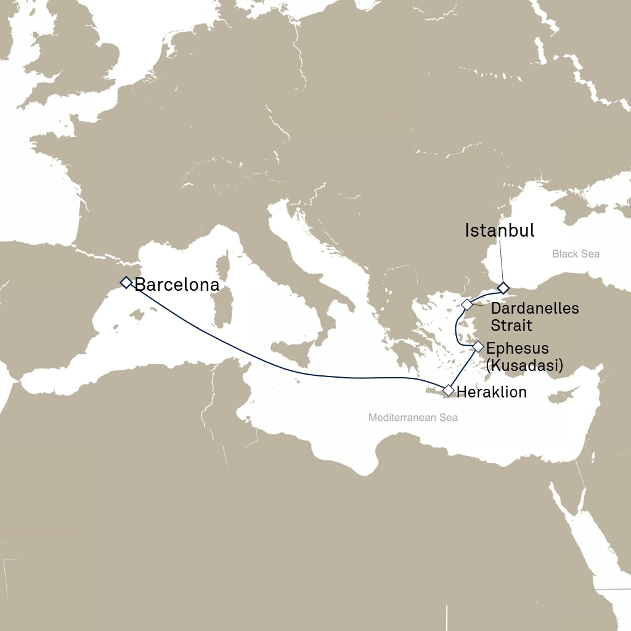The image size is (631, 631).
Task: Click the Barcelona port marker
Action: [x=126, y=282]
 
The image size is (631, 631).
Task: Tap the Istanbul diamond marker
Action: [x=503, y=288]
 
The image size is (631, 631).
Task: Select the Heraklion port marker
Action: [x=448, y=391]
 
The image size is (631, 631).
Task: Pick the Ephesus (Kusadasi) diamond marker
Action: [x=478, y=346]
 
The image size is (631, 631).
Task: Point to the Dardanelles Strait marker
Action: [x=467, y=304]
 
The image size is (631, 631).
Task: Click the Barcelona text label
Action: [x=177, y=285]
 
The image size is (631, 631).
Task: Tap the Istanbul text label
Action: [x=500, y=231]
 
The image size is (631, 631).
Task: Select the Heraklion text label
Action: [x=492, y=392]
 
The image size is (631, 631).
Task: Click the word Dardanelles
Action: [x=535, y=308]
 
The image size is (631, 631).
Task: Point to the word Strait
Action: [x=511, y=325]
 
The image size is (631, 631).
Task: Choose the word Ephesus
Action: [x=518, y=348]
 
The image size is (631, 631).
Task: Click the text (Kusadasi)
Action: [x=524, y=365]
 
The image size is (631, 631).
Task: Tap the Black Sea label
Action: [x=576, y=254]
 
